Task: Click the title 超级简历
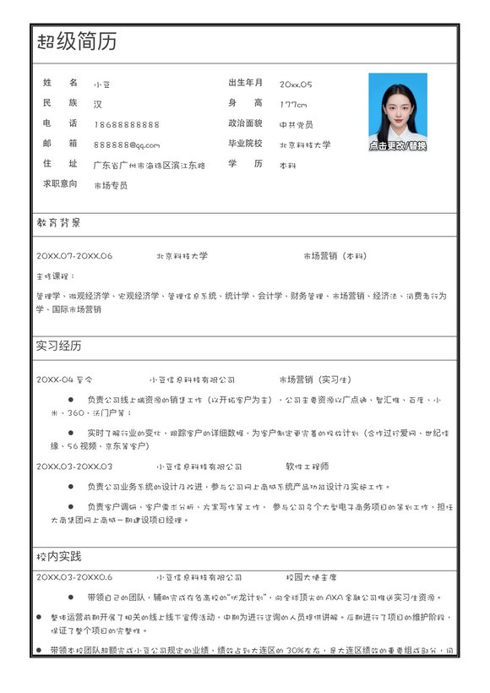pyautogui.click(x=77, y=41)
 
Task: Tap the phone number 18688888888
pyautogui.click(x=126, y=124)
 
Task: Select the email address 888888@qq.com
pyautogui.click(x=126, y=145)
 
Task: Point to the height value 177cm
pyautogui.click(x=293, y=104)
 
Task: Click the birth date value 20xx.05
pyautogui.click(x=296, y=84)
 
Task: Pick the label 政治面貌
pyautogui.click(x=245, y=123)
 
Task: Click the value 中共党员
pyautogui.click(x=296, y=124)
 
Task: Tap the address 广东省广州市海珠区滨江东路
pyautogui.click(x=149, y=165)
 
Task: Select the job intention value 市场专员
pyautogui.click(x=110, y=185)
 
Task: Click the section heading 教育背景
pyautogui.click(x=58, y=223)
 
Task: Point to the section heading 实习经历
pyautogui.click(x=58, y=346)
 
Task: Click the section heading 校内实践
pyautogui.click(x=58, y=556)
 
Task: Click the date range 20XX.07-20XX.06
pyautogui.click(x=74, y=255)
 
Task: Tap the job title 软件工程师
pyautogui.click(x=308, y=466)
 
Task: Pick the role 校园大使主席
pyautogui.click(x=311, y=577)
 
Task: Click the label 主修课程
pyautogui.click(x=55, y=276)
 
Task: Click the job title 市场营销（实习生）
pyautogui.click(x=314, y=379)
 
